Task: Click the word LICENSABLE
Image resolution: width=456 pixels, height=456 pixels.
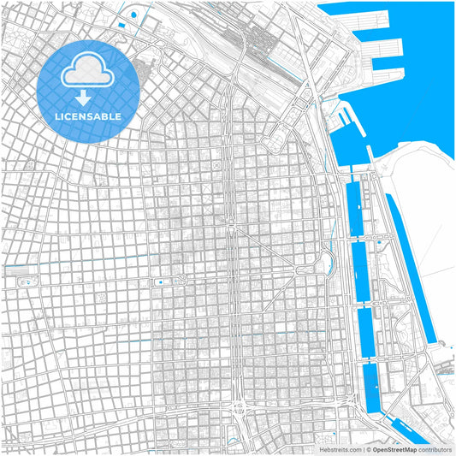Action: (87, 115)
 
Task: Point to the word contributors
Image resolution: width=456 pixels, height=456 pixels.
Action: (435, 448)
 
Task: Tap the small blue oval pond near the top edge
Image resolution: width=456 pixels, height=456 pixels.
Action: (135, 15)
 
